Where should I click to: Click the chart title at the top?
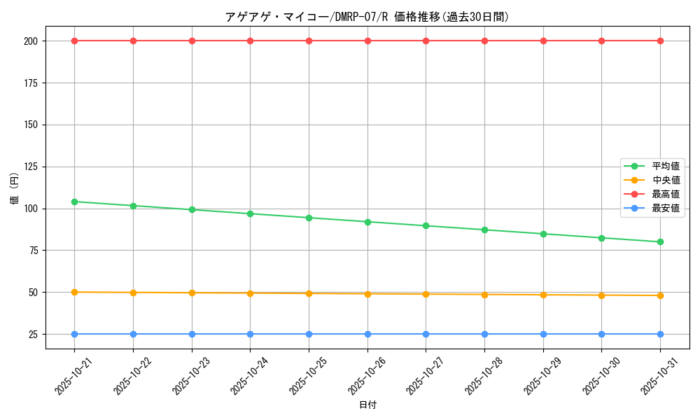tap(366, 17)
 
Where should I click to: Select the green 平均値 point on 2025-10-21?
tap(74, 202)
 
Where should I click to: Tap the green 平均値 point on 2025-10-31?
tap(660, 242)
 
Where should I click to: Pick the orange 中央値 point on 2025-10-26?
tap(367, 294)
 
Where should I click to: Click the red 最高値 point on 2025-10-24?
tap(250, 41)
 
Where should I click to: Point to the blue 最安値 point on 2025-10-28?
tap(484, 334)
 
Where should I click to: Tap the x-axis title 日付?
tap(367, 405)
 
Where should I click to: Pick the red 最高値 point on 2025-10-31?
tap(660, 41)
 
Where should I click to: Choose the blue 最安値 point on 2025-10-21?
tap(74, 334)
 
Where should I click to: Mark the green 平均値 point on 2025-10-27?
tap(426, 225)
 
